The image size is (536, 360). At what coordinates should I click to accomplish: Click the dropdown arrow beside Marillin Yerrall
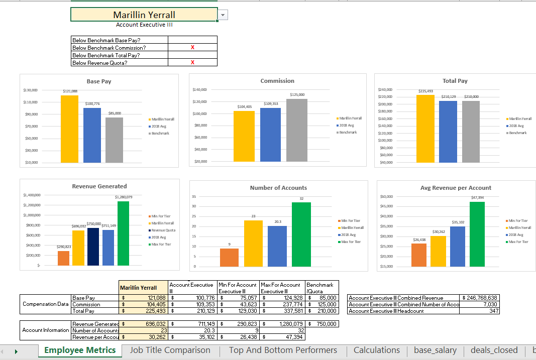pyautogui.click(x=223, y=15)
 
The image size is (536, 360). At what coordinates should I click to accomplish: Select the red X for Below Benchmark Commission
pyautogui.click(x=192, y=48)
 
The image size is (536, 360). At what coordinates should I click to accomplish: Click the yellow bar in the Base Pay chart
pyautogui.click(x=69, y=129)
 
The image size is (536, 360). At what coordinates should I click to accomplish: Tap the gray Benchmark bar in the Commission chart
pyautogui.click(x=297, y=130)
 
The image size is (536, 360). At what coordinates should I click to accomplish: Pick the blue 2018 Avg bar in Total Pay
pyautogui.click(x=448, y=132)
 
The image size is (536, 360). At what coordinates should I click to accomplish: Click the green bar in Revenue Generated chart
pyautogui.click(x=123, y=233)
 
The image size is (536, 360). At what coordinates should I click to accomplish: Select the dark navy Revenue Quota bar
pyautogui.click(x=93, y=246)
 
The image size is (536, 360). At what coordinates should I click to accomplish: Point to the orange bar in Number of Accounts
pyautogui.click(x=229, y=257)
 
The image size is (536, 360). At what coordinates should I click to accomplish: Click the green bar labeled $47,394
pyautogui.click(x=477, y=233)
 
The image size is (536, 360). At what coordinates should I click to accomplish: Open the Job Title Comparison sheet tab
pyautogui.click(x=170, y=350)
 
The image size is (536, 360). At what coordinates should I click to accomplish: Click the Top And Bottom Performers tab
pyautogui.click(x=283, y=350)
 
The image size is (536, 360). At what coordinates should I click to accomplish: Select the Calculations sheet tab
pyautogui.click(x=377, y=350)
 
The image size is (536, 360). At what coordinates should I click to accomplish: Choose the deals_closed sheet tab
pyautogui.click(x=494, y=350)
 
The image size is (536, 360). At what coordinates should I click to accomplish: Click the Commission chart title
pyautogui.click(x=277, y=81)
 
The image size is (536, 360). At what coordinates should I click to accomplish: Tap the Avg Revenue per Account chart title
pyautogui.click(x=456, y=188)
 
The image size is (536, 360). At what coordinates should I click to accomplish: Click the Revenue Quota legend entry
pyautogui.click(x=163, y=230)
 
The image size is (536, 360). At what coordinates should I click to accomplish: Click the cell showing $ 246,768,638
pyautogui.click(x=479, y=298)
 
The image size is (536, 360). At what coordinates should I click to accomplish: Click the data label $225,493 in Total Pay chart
pyautogui.click(x=425, y=91)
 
